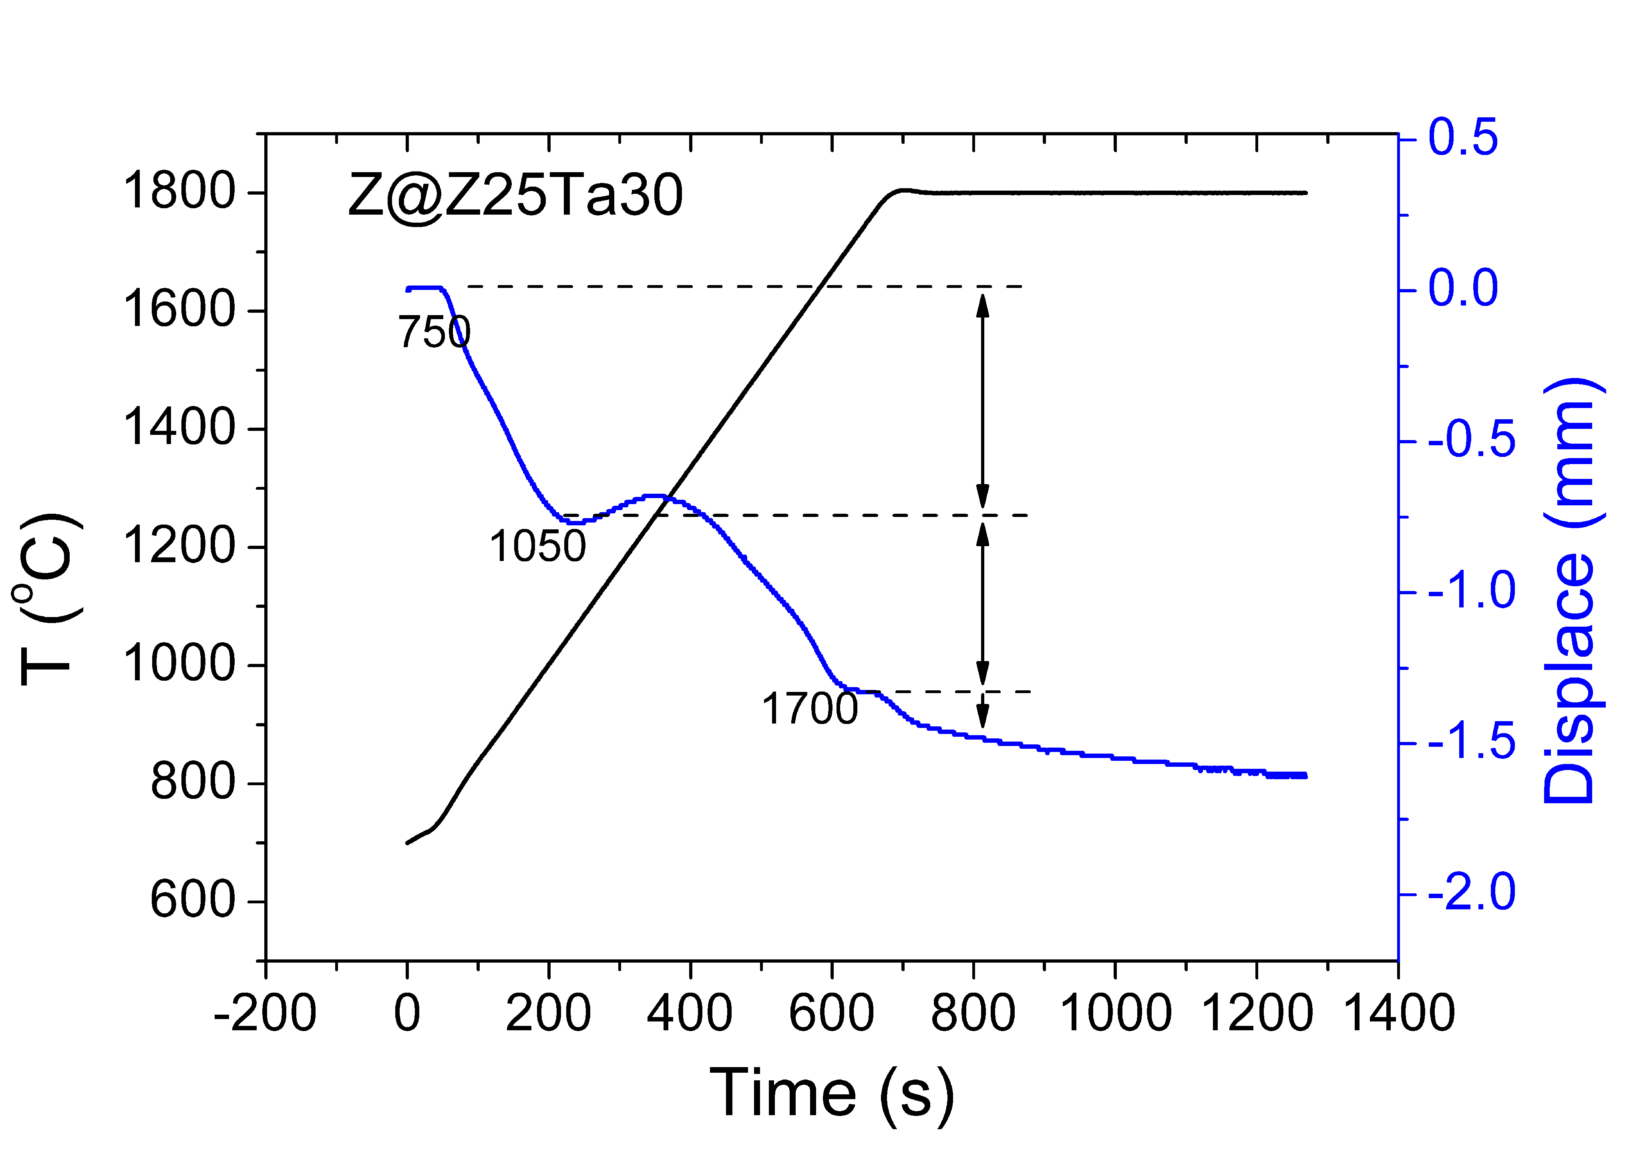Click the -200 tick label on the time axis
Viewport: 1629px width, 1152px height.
coord(265,1013)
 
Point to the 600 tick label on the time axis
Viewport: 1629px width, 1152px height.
coord(832,1013)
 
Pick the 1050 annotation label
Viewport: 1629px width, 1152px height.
coord(537,546)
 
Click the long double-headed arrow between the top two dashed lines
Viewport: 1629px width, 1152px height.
coord(983,401)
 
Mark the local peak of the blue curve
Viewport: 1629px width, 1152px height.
coord(654,496)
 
